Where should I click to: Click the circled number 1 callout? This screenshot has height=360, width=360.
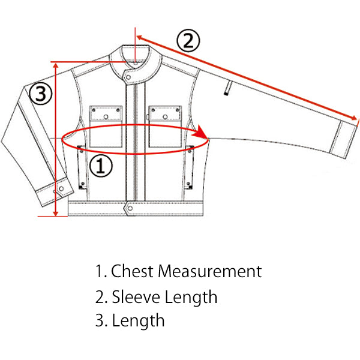pos(101,166)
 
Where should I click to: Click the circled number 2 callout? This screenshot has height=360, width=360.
pos(188,40)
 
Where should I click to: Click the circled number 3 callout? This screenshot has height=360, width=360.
pos(40,94)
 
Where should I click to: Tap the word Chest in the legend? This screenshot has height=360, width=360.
pos(132,271)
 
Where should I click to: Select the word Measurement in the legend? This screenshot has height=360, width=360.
pos(210,271)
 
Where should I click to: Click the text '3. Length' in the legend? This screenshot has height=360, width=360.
pos(130,321)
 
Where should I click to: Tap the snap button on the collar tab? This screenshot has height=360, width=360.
pos(128,77)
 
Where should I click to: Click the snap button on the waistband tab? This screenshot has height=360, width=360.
pos(130,208)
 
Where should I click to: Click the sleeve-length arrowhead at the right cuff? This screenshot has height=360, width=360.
pos(354,118)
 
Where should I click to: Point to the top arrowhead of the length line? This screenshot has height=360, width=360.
pos(56,65)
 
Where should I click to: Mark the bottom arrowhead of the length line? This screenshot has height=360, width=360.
pos(56,212)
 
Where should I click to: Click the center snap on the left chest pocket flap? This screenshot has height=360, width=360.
pos(106,117)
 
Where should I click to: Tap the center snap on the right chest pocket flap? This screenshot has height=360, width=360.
pos(165,117)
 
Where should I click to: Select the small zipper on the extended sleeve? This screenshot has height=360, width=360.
pos(228,88)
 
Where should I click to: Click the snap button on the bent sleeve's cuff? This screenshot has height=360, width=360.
pos(61,189)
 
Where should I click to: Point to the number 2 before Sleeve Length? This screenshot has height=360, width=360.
pos(100,297)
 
